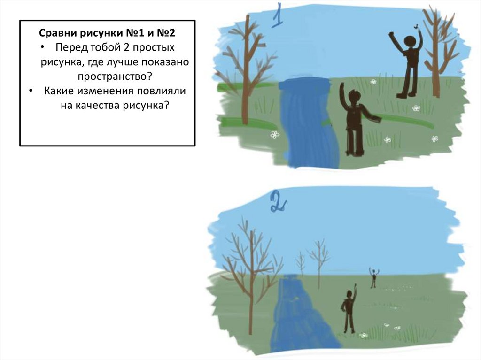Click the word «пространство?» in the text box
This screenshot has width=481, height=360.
115,76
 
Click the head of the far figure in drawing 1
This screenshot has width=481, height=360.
410,42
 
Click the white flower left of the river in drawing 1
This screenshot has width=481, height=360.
275,134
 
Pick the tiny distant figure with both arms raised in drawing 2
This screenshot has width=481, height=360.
373,277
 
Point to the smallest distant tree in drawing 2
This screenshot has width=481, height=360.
301,264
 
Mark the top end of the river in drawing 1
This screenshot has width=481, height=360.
304,81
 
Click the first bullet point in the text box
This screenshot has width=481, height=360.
42,47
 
